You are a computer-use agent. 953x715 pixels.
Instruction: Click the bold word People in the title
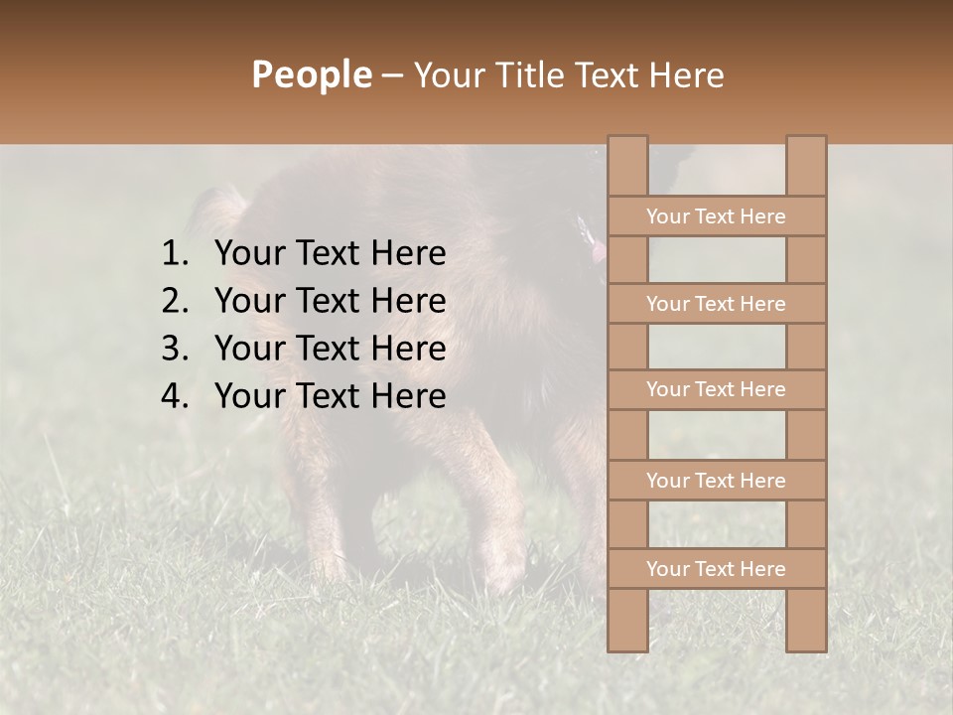click(x=310, y=74)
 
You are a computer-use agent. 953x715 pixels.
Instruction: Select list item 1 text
click(x=330, y=254)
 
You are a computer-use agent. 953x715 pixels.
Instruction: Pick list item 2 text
click(x=330, y=301)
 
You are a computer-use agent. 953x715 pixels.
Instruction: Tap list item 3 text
click(x=330, y=349)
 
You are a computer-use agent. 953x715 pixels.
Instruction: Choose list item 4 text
click(x=330, y=396)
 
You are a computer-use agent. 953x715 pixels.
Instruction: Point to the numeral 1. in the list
click(x=175, y=254)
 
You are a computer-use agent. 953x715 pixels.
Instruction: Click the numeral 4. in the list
click(x=175, y=396)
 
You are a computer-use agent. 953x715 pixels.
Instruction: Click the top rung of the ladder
click(x=716, y=216)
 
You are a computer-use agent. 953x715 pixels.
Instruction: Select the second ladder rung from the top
click(x=716, y=304)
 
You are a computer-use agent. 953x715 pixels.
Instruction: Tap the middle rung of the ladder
click(x=716, y=390)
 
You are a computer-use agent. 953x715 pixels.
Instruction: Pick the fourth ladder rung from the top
click(x=716, y=481)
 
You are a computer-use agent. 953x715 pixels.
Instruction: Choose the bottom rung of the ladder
click(x=716, y=569)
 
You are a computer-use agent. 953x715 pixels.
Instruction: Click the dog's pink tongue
click(x=598, y=254)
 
